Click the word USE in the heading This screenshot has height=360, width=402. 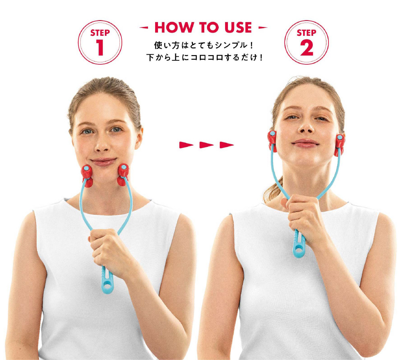[238, 27]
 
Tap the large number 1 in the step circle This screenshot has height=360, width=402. [100, 47]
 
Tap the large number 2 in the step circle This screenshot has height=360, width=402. [307, 47]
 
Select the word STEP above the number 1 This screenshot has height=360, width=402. [100, 33]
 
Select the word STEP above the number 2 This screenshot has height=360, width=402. [306, 33]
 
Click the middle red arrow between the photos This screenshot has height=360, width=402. [206, 145]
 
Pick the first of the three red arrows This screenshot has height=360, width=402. [186, 145]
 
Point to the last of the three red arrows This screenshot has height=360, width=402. [227, 145]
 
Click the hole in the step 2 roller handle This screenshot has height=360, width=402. [299, 249]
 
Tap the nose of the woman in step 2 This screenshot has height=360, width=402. [306, 126]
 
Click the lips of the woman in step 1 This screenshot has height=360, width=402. [104, 162]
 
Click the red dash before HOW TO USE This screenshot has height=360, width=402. [144, 27]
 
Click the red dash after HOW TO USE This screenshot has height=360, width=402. [263, 27]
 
